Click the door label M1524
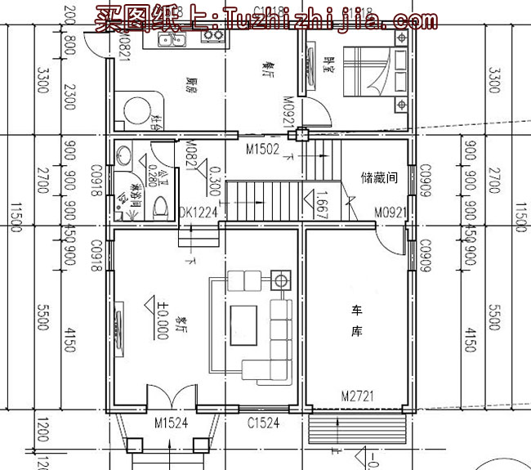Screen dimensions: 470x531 pos(171,423)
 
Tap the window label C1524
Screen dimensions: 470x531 pos(264,423)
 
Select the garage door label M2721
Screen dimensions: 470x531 pos(357,396)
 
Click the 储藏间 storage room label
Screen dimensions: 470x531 pos(377,177)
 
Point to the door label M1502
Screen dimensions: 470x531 pos(263,150)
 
